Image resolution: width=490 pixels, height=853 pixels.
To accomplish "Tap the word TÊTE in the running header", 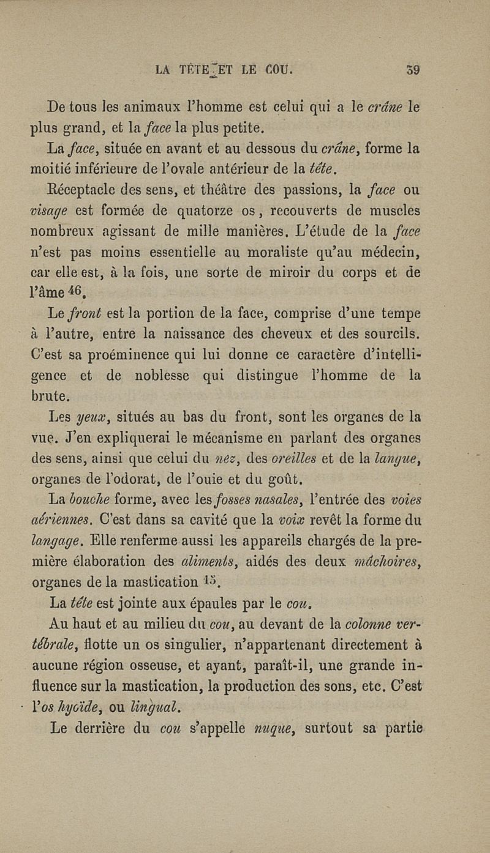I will click(x=197, y=70).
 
